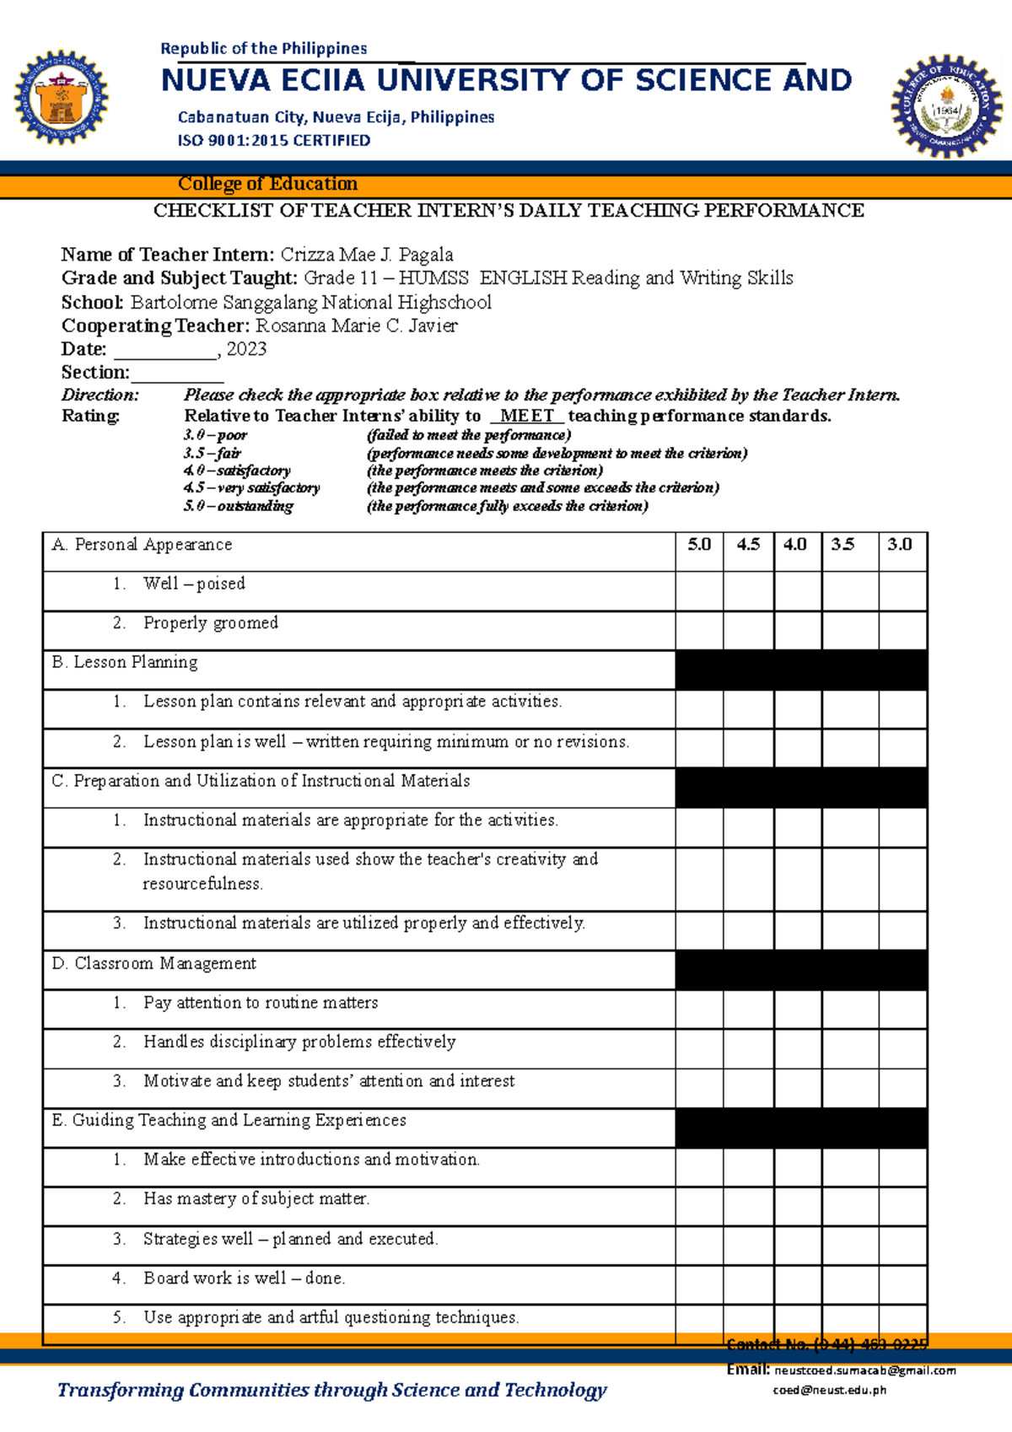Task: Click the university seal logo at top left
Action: (61, 98)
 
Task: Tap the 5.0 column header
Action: (699, 545)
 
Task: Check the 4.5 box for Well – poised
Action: (748, 591)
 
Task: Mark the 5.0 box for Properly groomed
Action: (699, 631)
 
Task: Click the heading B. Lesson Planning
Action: (125, 663)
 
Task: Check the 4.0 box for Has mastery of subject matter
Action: (797, 1207)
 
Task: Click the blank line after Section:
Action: (176, 374)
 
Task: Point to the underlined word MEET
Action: (527, 416)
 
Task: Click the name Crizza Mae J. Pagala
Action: (367, 255)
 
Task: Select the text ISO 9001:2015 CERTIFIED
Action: (273, 141)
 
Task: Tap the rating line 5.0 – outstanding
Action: (239, 506)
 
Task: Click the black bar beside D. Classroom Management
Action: (800, 971)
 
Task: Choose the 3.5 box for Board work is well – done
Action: (850, 1285)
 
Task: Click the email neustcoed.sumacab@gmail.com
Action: (865, 1370)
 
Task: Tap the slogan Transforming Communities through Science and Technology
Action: (331, 1391)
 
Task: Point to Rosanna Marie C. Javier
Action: (356, 326)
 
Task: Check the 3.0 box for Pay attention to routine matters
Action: (902, 1009)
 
